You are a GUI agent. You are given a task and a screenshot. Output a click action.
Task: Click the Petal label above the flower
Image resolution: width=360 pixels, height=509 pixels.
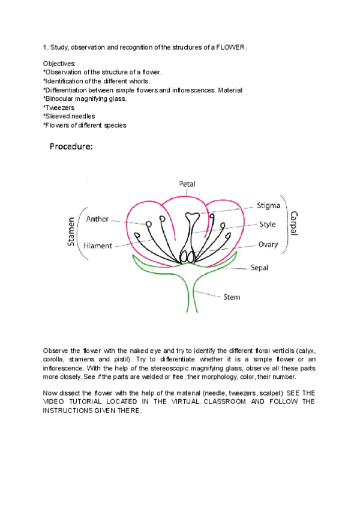tap(187, 184)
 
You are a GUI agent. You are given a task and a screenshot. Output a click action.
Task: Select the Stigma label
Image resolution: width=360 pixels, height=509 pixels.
tap(268, 205)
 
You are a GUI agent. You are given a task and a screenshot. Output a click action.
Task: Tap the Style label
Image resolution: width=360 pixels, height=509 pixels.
tap(268, 224)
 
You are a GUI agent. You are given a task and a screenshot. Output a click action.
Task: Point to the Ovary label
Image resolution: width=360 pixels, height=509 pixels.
tap(268, 245)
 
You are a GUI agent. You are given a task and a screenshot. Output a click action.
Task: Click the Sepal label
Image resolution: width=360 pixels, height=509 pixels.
tap(259, 268)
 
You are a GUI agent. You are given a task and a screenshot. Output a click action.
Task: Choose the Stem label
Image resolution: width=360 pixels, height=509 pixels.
tap(232, 297)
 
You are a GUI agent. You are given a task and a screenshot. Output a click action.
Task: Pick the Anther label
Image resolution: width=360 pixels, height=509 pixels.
tap(98, 219)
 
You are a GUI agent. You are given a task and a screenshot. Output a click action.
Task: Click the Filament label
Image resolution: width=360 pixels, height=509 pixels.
tap(97, 245)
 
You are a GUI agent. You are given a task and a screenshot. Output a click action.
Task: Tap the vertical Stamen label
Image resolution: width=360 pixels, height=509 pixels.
tap(71, 234)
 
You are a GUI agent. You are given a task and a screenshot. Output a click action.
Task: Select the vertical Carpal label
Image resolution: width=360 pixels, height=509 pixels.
tap(294, 224)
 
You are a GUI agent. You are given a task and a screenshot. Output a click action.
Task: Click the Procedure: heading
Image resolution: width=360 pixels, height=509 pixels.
tap(71, 146)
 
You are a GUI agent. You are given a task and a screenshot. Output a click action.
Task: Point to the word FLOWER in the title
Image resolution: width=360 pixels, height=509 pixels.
tap(231, 47)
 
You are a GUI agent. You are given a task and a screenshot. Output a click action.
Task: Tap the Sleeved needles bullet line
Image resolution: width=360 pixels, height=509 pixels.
tap(69, 116)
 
